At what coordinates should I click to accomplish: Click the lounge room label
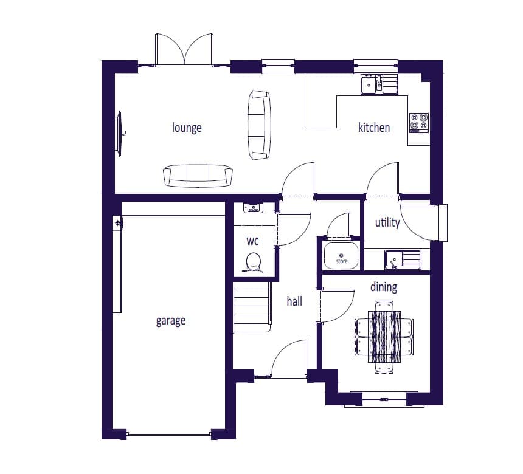click(187, 128)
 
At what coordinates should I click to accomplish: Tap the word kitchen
click(374, 128)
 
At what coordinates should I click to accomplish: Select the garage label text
click(171, 321)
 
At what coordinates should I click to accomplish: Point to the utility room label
click(387, 222)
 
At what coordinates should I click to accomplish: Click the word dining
click(384, 287)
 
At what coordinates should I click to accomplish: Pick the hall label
click(294, 301)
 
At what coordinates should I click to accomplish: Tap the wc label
click(252, 241)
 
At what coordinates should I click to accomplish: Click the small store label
click(342, 261)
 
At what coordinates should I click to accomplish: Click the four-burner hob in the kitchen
click(419, 123)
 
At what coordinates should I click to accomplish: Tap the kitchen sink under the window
click(379, 83)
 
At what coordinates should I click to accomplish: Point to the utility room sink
click(403, 259)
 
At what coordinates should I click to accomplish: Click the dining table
click(384, 337)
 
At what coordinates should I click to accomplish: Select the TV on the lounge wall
click(119, 133)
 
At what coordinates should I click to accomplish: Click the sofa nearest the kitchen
click(259, 125)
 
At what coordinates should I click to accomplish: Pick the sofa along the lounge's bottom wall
click(198, 176)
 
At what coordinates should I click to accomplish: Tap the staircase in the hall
click(252, 307)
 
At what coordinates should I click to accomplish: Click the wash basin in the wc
click(253, 208)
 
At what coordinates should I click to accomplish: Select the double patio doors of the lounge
click(184, 49)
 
